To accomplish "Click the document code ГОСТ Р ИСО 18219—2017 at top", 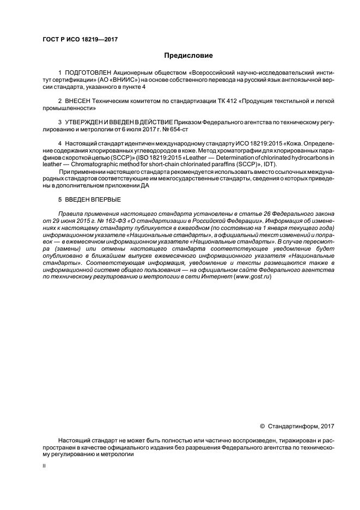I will (80, 40).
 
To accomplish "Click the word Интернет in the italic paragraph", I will (219, 277).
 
